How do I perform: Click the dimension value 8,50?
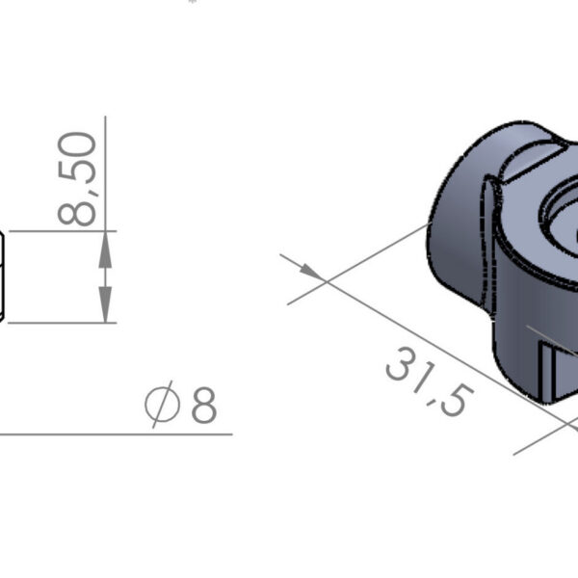pyautogui.click(x=77, y=179)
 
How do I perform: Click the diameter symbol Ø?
pyautogui.click(x=163, y=405)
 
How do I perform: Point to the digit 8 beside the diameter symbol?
pyautogui.click(x=204, y=405)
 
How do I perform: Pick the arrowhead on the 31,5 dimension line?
pyautogui.click(x=312, y=273)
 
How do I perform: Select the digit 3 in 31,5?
pyautogui.click(x=398, y=363)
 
